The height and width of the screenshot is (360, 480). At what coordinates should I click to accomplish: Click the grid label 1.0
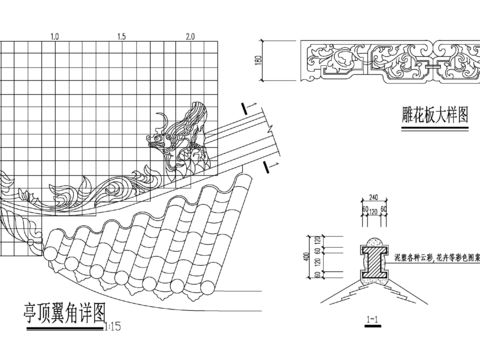pyautogui.click(x=54, y=36)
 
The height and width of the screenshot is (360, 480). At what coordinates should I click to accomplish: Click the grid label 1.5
pyautogui.click(x=121, y=36)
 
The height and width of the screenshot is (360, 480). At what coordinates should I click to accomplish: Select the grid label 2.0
pyautogui.click(x=190, y=36)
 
